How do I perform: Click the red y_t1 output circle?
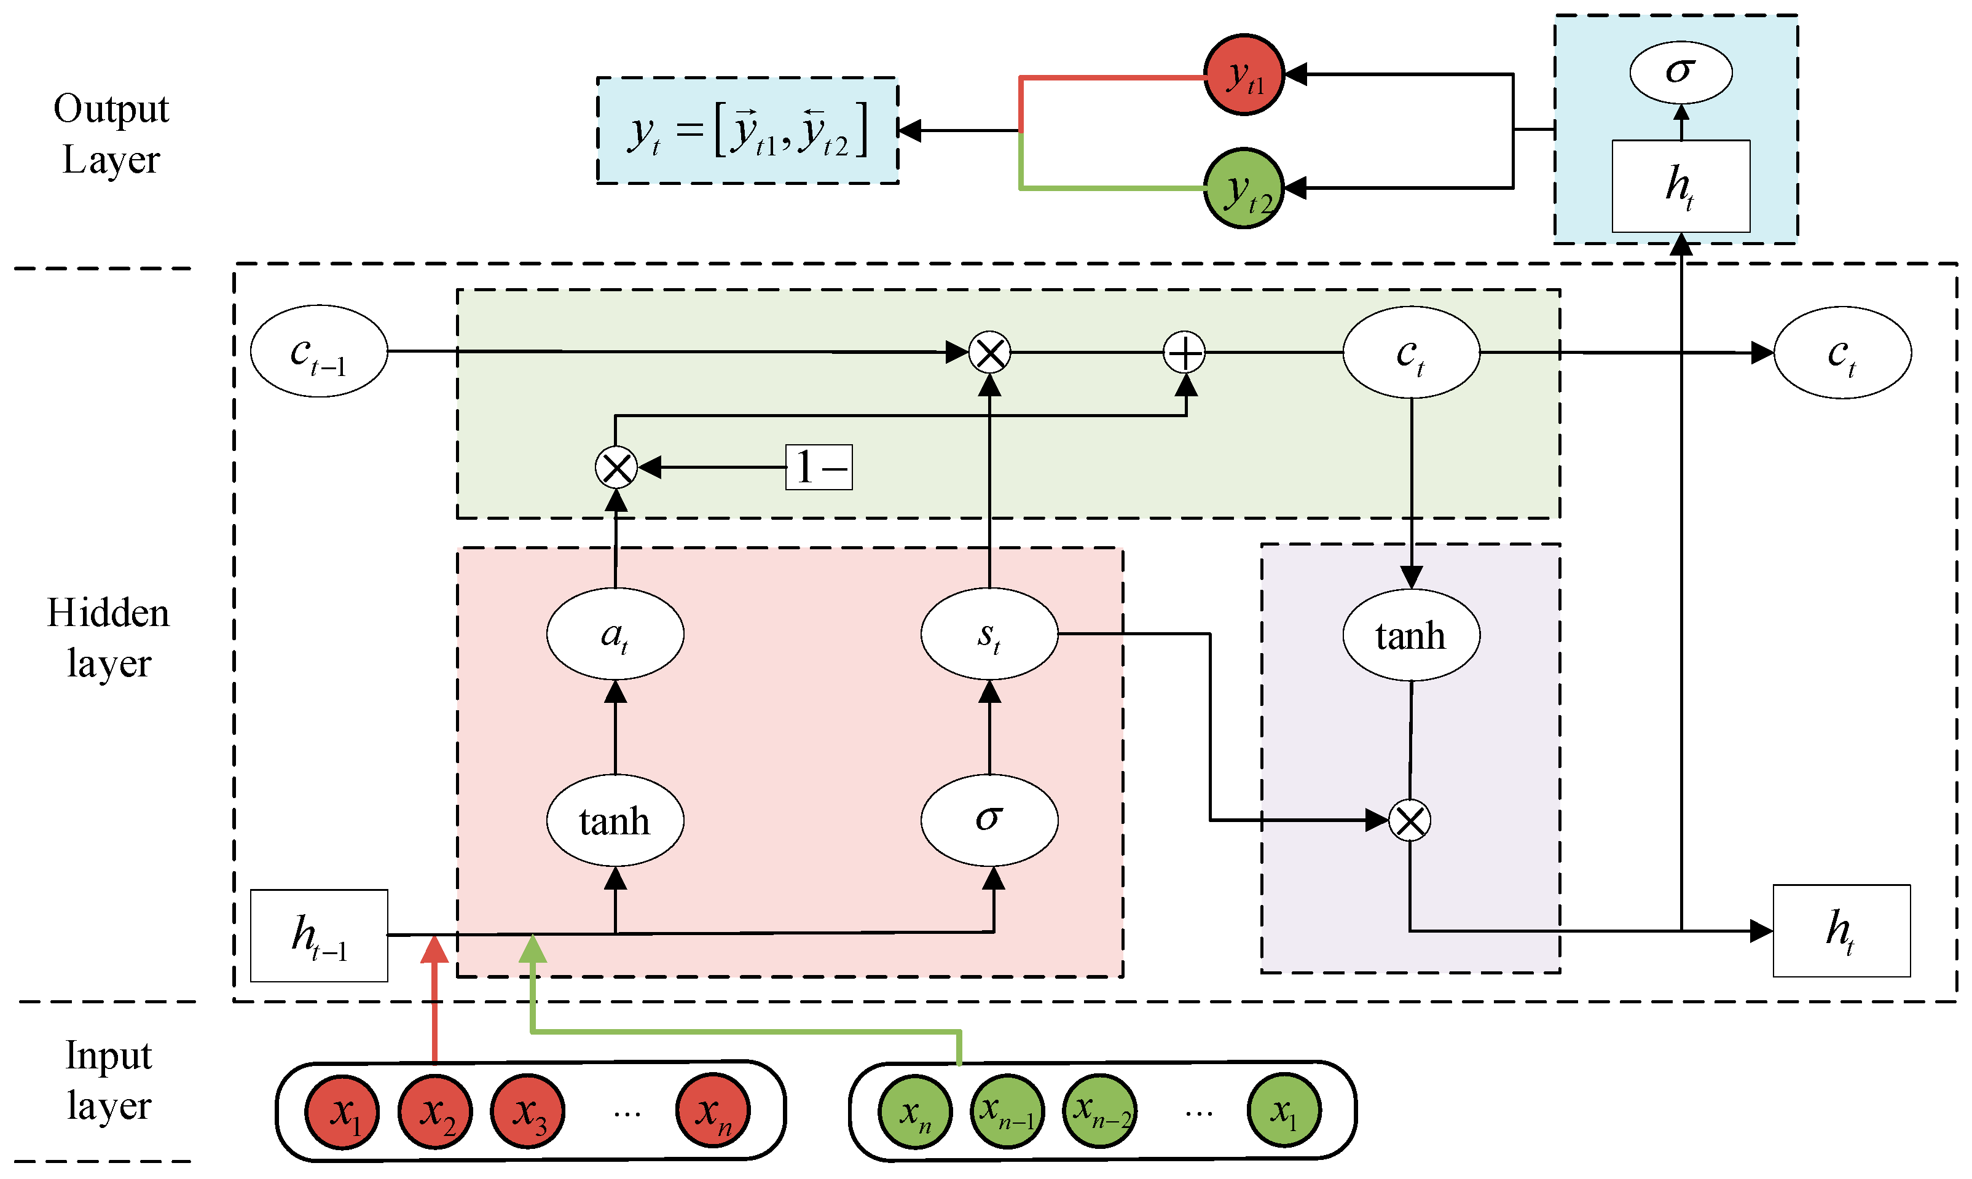(x=1243, y=75)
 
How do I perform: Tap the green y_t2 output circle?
(x=1243, y=188)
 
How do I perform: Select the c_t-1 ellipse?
(x=318, y=351)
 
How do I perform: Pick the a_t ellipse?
(x=615, y=634)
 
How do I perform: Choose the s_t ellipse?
(x=989, y=634)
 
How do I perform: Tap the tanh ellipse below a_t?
(x=615, y=820)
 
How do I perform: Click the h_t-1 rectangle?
(x=318, y=935)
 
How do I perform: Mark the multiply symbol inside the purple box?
(x=1410, y=820)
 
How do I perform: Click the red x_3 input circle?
(x=527, y=1111)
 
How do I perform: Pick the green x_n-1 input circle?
(x=1007, y=1111)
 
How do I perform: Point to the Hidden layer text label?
(x=108, y=637)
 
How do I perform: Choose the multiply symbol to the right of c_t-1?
(x=990, y=353)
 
